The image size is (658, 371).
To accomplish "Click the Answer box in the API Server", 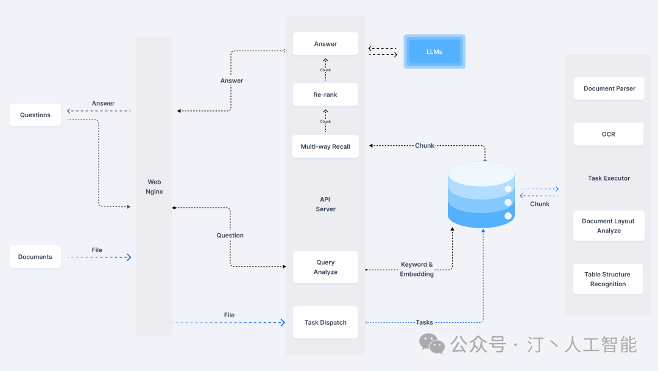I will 325,44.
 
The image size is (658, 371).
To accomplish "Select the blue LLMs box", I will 434,52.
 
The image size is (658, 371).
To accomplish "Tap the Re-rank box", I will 325,95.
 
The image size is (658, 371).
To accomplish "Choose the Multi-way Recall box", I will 325,146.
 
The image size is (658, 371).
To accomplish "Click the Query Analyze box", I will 325,267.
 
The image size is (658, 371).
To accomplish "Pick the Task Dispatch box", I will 325,322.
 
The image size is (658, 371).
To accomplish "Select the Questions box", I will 35,115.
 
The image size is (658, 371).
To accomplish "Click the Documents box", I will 35,257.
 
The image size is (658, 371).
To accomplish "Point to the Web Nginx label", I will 154,187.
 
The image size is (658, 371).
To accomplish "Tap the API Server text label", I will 325,204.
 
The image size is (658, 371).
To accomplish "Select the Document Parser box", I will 609,88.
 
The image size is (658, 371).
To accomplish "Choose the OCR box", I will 609,134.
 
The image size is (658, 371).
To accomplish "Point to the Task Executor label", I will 609,178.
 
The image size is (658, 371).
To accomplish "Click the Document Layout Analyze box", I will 609,226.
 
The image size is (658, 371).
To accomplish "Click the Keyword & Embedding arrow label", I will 417,269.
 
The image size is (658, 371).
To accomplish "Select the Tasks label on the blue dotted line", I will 424,322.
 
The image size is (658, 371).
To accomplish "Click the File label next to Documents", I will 97,250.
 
